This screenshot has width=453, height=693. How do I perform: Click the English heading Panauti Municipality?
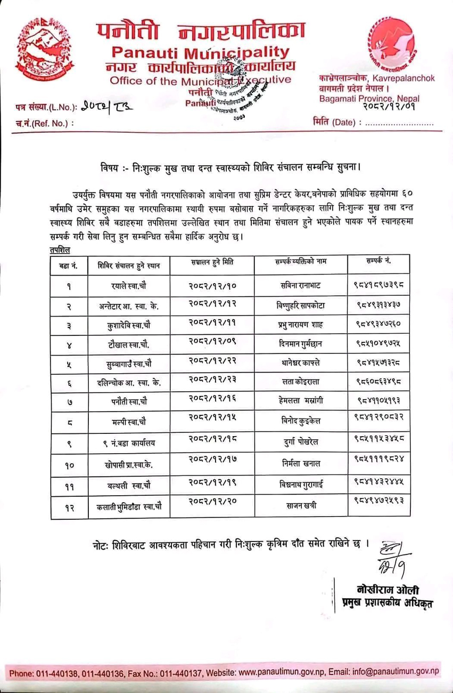(x=201, y=53)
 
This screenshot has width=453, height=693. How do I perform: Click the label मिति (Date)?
(x=335, y=123)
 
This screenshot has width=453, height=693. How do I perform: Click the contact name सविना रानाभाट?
(x=301, y=285)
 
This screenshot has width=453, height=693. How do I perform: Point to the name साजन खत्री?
(x=301, y=505)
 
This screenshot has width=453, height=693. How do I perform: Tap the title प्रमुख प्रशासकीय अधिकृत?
(x=386, y=603)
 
